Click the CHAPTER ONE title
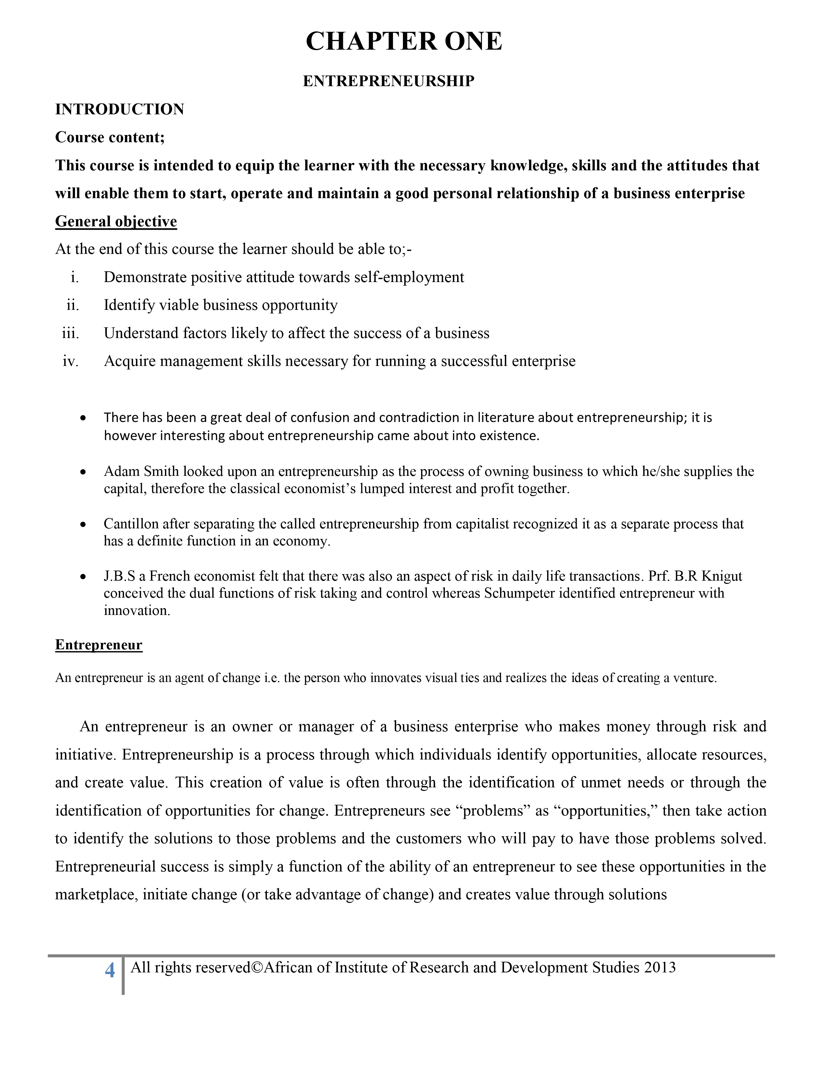[404, 41]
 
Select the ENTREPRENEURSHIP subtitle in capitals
[388, 81]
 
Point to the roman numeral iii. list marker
[70, 333]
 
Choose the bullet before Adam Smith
[83, 472]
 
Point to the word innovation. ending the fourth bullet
[137, 610]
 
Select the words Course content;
[110, 137]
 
